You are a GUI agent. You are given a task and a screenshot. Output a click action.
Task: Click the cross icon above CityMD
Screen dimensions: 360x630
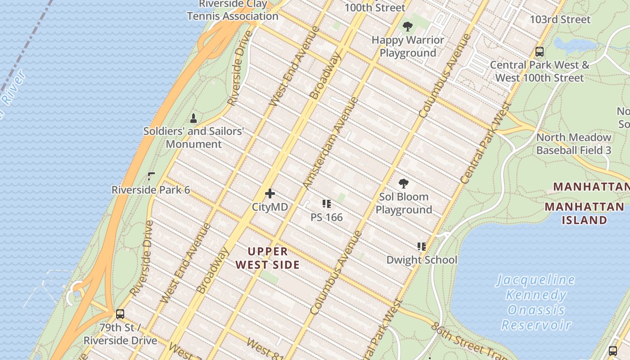click(270, 194)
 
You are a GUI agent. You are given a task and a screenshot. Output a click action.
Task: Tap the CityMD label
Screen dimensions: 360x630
click(270, 207)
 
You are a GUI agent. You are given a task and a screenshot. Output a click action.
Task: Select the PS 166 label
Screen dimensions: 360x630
click(327, 217)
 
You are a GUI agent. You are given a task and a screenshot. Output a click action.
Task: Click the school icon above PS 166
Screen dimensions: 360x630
click(327, 204)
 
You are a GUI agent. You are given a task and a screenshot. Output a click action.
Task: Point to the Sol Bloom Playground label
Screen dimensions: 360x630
click(404, 203)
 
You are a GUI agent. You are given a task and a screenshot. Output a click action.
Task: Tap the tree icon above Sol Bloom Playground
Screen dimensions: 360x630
click(404, 184)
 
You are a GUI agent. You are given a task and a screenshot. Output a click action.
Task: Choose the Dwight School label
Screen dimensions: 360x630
click(422, 260)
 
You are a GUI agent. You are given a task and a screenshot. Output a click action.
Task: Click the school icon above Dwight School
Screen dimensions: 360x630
click(422, 247)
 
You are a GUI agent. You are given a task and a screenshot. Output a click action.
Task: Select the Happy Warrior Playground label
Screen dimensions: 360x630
click(408, 46)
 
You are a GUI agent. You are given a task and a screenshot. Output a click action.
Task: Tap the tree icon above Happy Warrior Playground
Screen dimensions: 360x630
click(408, 27)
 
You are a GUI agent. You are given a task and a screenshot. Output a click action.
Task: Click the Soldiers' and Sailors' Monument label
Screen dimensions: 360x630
click(193, 138)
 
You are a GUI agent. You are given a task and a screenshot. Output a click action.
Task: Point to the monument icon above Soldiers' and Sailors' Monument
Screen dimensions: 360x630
click(193, 118)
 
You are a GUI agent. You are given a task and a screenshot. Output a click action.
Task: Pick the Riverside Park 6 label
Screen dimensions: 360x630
click(151, 190)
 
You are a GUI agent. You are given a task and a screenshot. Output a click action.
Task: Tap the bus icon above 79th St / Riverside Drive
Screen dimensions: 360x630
click(120, 314)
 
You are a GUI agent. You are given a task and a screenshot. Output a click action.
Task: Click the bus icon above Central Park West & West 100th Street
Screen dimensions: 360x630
click(540, 52)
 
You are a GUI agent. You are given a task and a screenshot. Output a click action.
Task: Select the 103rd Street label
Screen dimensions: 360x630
click(560, 20)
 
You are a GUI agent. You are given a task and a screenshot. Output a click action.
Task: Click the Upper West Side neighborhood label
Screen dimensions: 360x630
click(267, 258)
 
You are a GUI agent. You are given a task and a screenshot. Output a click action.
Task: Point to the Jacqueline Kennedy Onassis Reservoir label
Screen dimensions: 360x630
click(535, 302)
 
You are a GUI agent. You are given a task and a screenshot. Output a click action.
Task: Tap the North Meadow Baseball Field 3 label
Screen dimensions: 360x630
click(574, 144)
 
